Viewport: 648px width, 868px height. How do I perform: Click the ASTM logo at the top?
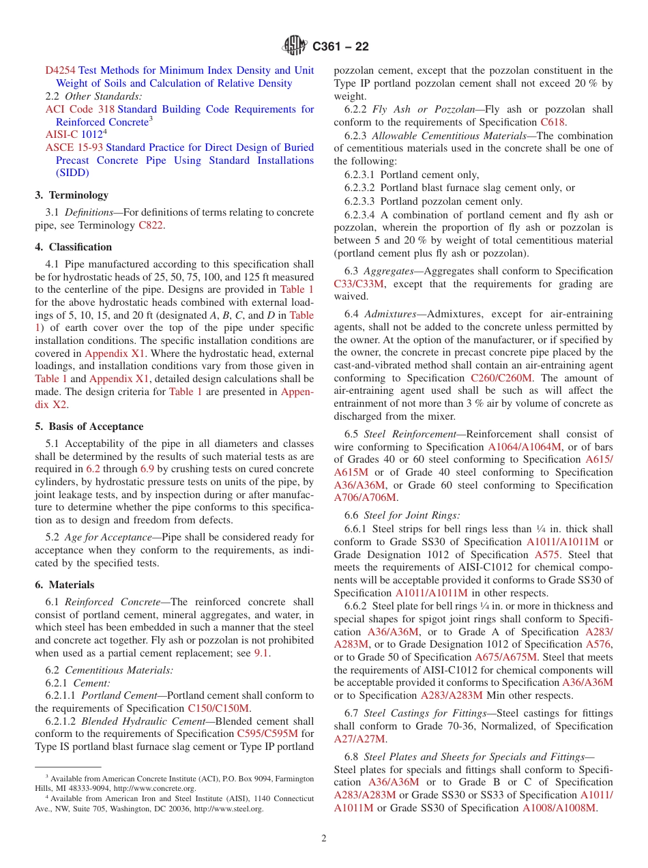[x=295, y=46]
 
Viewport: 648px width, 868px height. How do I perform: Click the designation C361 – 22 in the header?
[x=340, y=46]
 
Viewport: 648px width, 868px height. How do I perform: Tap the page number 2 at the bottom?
[x=324, y=838]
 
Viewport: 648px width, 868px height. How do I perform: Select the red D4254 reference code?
[x=61, y=70]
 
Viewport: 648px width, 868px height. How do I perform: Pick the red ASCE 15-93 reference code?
[x=74, y=147]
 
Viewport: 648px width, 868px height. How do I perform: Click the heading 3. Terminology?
[x=72, y=195]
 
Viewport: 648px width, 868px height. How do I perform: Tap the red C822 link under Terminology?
[x=150, y=225]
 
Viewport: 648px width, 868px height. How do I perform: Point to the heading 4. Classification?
[x=74, y=247]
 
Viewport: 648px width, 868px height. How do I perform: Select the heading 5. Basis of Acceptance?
[x=89, y=426]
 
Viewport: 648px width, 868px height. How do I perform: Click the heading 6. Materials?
[x=65, y=585]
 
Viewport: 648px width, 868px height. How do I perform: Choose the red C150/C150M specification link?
[x=218, y=708]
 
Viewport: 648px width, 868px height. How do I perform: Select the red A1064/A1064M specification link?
[x=525, y=447]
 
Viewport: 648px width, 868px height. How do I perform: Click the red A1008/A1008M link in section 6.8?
[x=559, y=808]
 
